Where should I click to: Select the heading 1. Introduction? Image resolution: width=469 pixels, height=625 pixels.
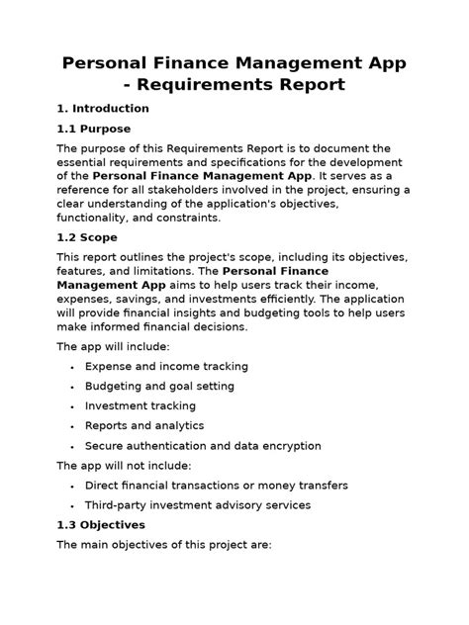(103, 109)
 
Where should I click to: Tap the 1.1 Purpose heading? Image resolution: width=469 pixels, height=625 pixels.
(94, 129)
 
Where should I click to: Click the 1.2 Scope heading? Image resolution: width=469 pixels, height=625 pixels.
(87, 237)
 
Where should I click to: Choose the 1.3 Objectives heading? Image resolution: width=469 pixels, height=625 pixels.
(101, 524)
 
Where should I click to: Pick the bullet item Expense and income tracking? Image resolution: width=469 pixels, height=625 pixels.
(166, 366)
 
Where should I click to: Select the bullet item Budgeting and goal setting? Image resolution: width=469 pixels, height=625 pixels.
(159, 386)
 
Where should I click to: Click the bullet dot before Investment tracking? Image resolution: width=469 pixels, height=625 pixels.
(73, 406)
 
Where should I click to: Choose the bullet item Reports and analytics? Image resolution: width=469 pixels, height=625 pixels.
(144, 425)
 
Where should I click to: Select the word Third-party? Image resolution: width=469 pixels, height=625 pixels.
(122, 504)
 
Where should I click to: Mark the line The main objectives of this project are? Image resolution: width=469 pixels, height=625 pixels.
(163, 544)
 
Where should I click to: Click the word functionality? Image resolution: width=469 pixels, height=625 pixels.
(97, 218)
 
